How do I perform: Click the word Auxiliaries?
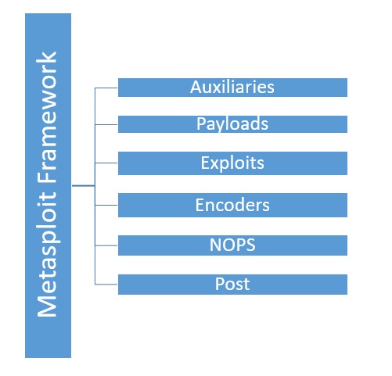(x=232, y=87)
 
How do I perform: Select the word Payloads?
(x=232, y=124)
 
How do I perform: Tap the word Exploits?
(x=232, y=163)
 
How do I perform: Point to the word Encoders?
(x=232, y=205)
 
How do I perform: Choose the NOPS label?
(x=232, y=245)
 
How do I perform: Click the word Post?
(x=232, y=284)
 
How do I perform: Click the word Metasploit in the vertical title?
(x=47, y=254)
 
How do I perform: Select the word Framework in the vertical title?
(x=47, y=118)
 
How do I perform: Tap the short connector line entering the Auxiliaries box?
(x=106, y=88)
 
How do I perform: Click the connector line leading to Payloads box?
(x=106, y=124)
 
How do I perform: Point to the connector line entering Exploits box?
(x=106, y=163)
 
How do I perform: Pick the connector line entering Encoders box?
(x=106, y=205)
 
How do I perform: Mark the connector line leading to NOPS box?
(x=106, y=245)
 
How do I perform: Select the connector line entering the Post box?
(x=106, y=285)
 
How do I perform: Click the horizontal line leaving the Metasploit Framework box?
(x=84, y=186)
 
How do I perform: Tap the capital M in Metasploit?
(x=47, y=306)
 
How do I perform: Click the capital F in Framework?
(x=47, y=178)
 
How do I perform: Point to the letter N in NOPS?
(x=215, y=245)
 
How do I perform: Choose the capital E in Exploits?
(x=205, y=163)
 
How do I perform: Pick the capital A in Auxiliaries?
(x=196, y=87)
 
